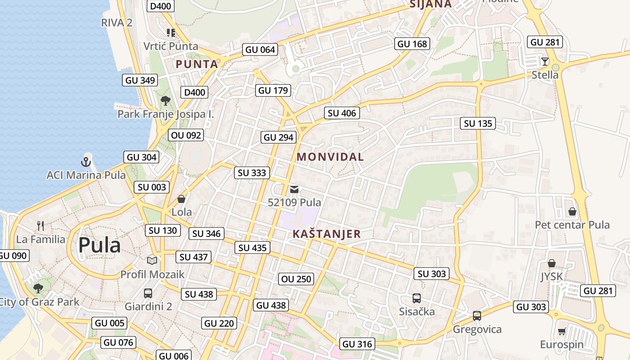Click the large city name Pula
pyautogui.click(x=99, y=246)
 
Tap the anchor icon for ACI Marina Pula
pyautogui.click(x=86, y=161)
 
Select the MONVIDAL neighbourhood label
pyautogui.click(x=330, y=157)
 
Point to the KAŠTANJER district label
pyautogui.click(x=327, y=234)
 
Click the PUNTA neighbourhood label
pyautogui.click(x=197, y=64)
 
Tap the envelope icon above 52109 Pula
pyautogui.click(x=294, y=189)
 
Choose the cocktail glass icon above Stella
pyautogui.click(x=545, y=61)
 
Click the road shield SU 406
pyautogui.click(x=342, y=113)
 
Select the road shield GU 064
pyautogui.click(x=260, y=49)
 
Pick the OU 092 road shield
pyautogui.click(x=186, y=135)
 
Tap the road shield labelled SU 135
pyautogui.click(x=478, y=123)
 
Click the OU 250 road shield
pyautogui.click(x=296, y=279)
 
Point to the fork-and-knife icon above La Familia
pyautogui.click(x=41, y=226)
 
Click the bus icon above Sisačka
pyautogui.click(x=417, y=298)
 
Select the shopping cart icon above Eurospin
pyautogui.click(x=562, y=332)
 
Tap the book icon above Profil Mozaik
pyautogui.click(x=152, y=261)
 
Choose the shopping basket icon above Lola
pyautogui.click(x=181, y=198)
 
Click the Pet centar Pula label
pyautogui.click(x=572, y=225)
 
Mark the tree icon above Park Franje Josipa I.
pyautogui.click(x=165, y=100)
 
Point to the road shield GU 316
pyautogui.click(x=357, y=344)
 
